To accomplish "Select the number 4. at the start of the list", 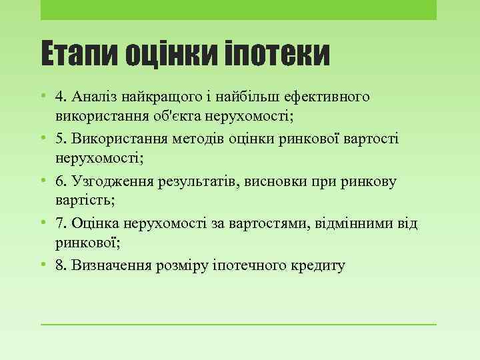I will (x=61, y=97).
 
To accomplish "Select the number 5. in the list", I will (x=61, y=139).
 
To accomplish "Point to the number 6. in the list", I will (x=61, y=181).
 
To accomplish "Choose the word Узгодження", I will (x=110, y=181).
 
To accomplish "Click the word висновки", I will (x=283, y=181).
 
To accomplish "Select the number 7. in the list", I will (x=61, y=223).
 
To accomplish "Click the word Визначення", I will (x=110, y=265).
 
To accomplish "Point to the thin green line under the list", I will (x=239, y=325).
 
